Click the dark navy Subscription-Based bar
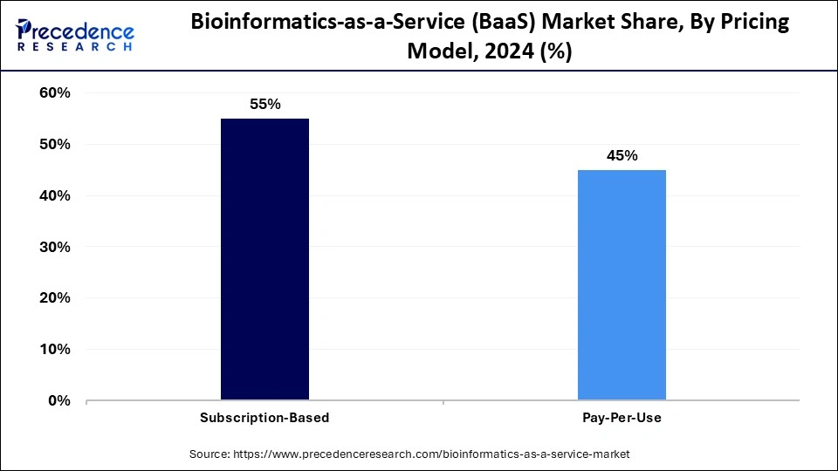click(x=264, y=259)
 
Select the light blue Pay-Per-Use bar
click(x=622, y=284)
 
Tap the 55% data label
click(x=264, y=104)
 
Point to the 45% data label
click(x=622, y=156)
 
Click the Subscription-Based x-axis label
click(x=264, y=418)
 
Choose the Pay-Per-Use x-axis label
click(x=622, y=418)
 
